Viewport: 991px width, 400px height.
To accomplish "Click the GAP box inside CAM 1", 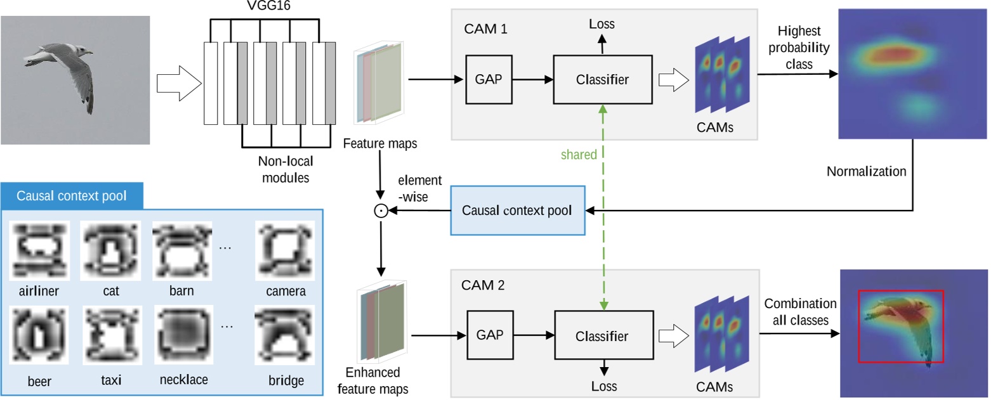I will tap(488, 79).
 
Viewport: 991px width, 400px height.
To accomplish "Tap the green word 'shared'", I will tap(579, 155).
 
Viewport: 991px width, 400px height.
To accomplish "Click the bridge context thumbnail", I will tap(285, 337).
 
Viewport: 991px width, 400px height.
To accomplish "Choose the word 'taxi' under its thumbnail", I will tap(110, 380).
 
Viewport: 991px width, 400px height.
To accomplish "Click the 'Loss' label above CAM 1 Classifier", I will tap(602, 25).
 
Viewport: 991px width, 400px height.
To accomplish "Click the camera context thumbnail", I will tap(285, 250).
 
